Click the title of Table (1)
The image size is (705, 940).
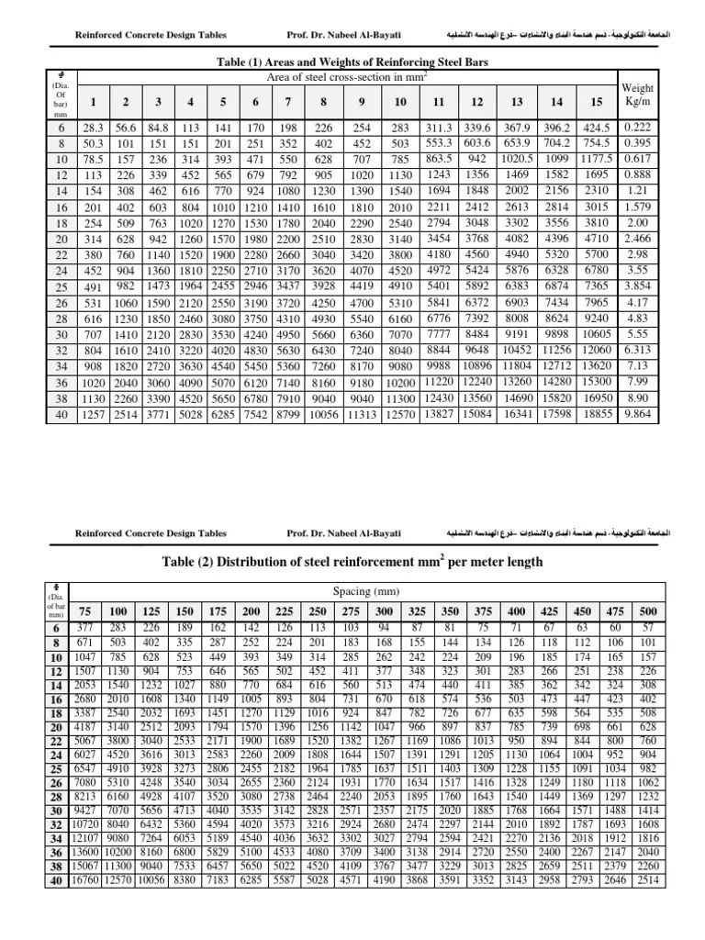(x=352, y=62)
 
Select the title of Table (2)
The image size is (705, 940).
(x=352, y=561)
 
